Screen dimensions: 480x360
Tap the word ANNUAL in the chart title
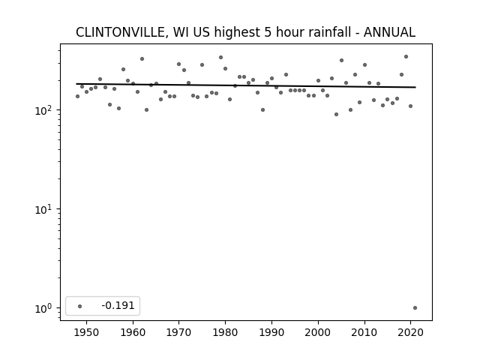(x=389, y=32)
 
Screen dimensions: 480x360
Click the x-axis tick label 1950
(x=87, y=332)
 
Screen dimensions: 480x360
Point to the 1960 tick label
(x=133, y=332)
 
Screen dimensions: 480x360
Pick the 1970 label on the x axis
(x=178, y=332)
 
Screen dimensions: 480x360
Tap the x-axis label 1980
(x=225, y=332)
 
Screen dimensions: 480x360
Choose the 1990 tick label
(x=271, y=332)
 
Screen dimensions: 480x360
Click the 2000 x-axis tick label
(x=318, y=332)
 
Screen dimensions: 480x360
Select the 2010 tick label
(x=364, y=332)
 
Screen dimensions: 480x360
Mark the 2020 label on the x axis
(x=410, y=332)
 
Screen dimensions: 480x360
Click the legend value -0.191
(x=118, y=305)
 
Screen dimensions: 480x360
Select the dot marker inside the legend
(x=80, y=306)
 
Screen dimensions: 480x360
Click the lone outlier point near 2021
(x=415, y=308)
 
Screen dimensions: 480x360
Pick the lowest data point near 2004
(x=337, y=115)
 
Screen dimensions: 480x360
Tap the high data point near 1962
(x=142, y=58)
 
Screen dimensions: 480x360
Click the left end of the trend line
(x=76, y=84)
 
